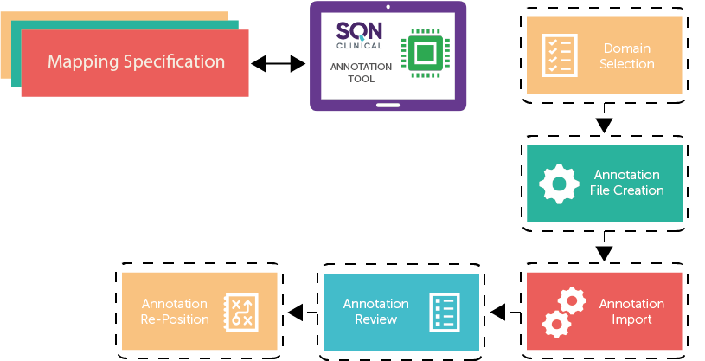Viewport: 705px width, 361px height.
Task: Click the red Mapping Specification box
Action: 135,62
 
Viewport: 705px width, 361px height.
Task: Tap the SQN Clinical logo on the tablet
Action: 358,36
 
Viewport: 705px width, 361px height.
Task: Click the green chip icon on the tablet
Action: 423,54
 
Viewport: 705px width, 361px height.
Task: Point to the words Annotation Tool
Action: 361,74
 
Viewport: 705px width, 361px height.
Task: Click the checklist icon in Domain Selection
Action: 559,55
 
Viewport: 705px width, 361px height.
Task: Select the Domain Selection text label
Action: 628,56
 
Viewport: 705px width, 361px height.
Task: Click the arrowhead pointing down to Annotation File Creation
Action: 605,125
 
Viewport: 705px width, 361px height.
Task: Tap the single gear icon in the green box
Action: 559,183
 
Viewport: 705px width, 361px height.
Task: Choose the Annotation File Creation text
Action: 627,183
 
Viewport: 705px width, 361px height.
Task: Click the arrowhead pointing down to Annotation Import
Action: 605,252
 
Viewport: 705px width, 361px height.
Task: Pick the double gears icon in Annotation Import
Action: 563,313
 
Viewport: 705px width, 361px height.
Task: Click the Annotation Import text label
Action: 631,312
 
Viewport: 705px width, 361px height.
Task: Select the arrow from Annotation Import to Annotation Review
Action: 499,312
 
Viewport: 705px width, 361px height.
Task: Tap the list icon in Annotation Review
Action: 445,312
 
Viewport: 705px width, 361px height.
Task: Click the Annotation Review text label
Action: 375,312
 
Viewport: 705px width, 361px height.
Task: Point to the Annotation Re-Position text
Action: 174,312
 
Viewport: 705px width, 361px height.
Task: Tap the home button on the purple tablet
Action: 388,107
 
